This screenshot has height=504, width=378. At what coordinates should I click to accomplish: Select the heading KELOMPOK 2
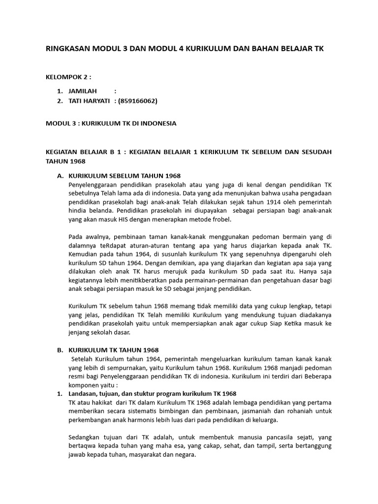click(x=68, y=77)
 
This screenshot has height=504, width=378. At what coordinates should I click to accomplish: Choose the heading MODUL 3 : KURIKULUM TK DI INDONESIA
click(x=111, y=123)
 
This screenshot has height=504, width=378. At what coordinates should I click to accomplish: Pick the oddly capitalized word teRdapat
click(x=109, y=246)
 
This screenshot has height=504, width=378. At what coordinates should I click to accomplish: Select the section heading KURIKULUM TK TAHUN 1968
click(x=113, y=350)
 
